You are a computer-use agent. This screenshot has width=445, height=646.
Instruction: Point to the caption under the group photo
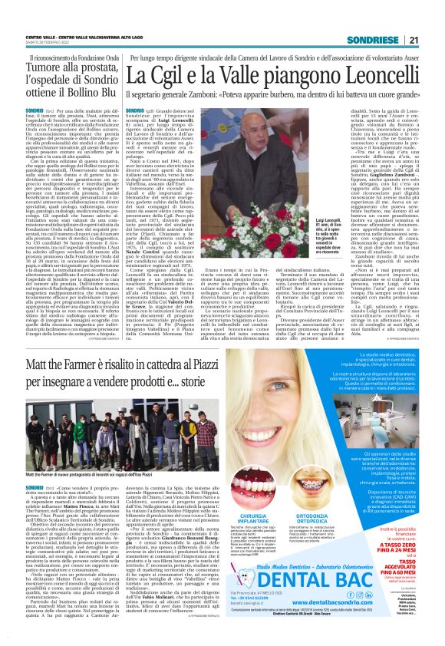[100, 474]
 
